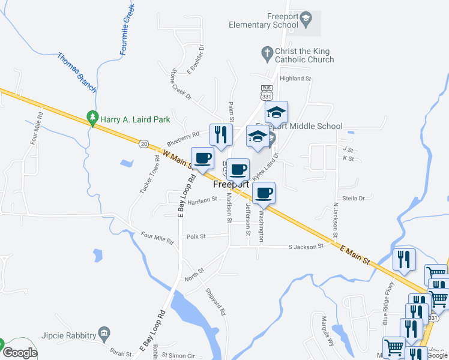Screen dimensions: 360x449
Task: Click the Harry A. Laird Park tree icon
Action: (x=92, y=118)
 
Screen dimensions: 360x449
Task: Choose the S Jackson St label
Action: (x=306, y=247)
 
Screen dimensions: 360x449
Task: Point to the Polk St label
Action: (x=196, y=236)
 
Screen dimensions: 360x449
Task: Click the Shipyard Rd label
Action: (x=215, y=302)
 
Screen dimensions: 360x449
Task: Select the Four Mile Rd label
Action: (x=157, y=238)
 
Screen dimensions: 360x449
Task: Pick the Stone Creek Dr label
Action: (x=181, y=84)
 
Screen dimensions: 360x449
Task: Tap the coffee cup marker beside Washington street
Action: (x=263, y=193)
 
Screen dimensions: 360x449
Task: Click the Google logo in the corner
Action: (x=19, y=353)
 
